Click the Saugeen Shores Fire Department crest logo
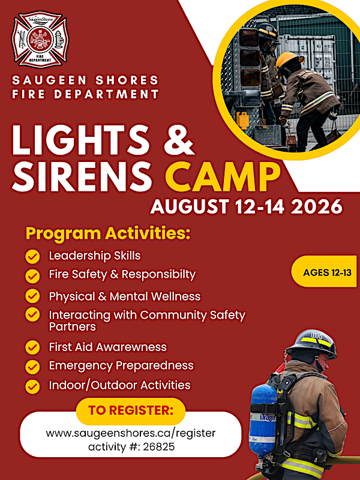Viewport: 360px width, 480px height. [40, 39]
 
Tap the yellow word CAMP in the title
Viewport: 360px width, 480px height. [223, 177]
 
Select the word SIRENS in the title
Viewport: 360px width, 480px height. [82, 177]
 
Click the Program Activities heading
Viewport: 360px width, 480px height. [108, 233]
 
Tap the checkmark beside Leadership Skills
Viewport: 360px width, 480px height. [32, 257]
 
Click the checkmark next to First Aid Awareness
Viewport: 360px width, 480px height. [32, 348]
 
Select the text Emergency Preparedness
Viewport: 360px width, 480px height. [121, 365]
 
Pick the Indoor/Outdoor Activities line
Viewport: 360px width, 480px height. [119, 385]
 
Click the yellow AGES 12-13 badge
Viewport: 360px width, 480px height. [325, 272]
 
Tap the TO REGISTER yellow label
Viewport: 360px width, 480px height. [131, 411]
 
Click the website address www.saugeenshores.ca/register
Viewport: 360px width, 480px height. [131, 433]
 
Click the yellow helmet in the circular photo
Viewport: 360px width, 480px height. [289, 60]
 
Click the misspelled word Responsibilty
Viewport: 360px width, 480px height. [158, 275]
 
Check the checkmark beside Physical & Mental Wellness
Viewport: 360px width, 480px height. [32, 296]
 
